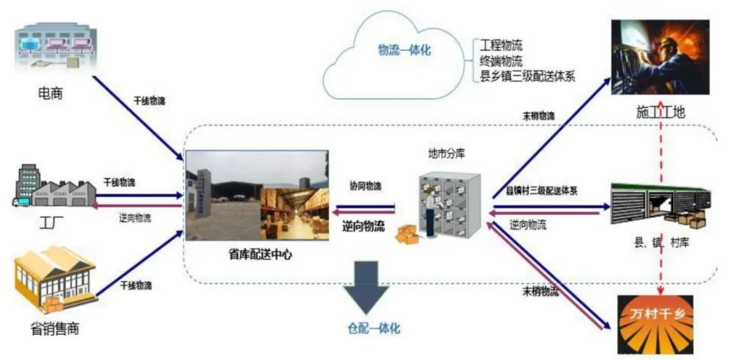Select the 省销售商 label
[55, 329]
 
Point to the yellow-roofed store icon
[55, 280]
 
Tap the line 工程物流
[501, 46]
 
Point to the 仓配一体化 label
[374, 329]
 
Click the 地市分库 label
[446, 153]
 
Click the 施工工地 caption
[660, 112]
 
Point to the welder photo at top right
[659, 57]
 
